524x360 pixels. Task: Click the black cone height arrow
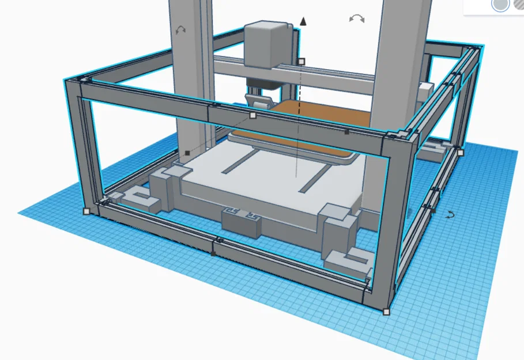[x=303, y=21]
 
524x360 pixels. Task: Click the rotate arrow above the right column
[x=357, y=19]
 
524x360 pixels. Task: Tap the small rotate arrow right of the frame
[x=451, y=215]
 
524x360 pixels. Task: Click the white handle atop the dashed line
[x=301, y=61]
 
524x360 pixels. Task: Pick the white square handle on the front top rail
[x=252, y=115]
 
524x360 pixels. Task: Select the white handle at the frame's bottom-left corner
[x=86, y=211]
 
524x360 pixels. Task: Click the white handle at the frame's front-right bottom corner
[x=386, y=312]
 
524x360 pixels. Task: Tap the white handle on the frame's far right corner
[x=460, y=153]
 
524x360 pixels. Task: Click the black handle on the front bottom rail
[x=214, y=253]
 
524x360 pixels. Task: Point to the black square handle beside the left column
[x=187, y=153]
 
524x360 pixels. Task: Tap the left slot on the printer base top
[x=239, y=162]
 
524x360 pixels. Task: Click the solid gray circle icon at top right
[x=499, y=5]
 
